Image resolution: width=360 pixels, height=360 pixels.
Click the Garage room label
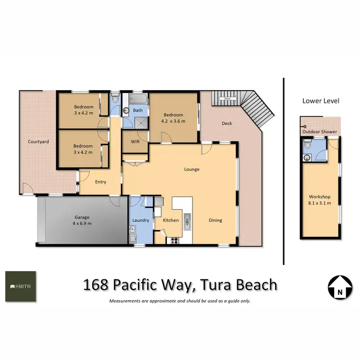[82, 216]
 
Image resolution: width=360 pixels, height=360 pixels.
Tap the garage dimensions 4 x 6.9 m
[82, 224]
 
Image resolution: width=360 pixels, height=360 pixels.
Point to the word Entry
[101, 182]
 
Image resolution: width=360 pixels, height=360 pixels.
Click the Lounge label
[192, 169]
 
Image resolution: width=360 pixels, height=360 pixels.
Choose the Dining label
[215, 220]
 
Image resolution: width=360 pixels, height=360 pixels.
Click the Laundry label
[141, 221]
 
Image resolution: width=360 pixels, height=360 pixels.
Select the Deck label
[227, 123]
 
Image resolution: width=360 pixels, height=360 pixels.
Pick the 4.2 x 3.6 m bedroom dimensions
[173, 121]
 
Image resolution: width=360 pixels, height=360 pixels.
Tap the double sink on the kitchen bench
[188, 221]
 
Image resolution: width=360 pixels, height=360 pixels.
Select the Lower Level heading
[321, 101]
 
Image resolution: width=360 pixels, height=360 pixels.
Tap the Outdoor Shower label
[319, 132]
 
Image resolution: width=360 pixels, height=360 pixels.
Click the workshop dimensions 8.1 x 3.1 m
[319, 203]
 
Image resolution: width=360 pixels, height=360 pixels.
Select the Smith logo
[20, 287]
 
